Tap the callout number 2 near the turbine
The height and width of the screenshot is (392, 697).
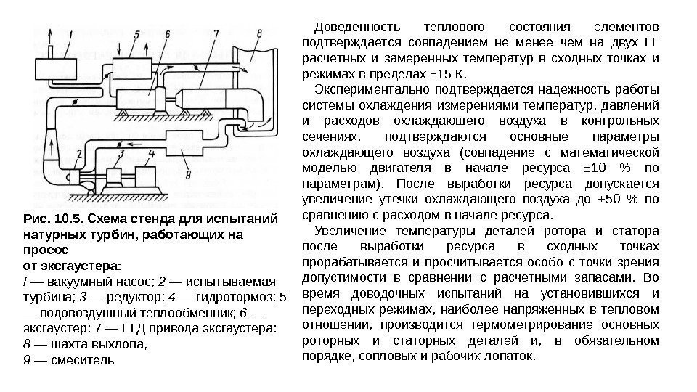pyautogui.click(x=78, y=155)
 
